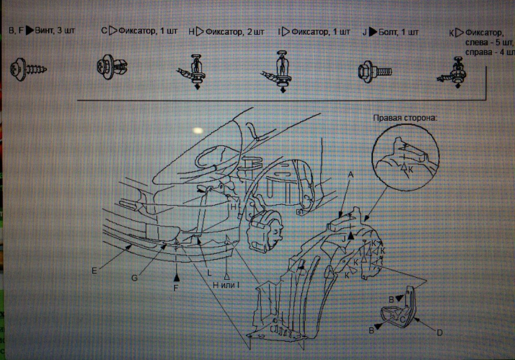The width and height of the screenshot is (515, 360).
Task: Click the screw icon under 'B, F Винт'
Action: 28,69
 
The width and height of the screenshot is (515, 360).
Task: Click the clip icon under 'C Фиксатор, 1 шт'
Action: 112,67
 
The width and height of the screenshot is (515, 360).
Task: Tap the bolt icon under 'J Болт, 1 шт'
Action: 375,71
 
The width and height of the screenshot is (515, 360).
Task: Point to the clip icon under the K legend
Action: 453,72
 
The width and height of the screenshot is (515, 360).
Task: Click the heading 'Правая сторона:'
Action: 405,118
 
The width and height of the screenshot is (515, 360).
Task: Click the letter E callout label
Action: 94,271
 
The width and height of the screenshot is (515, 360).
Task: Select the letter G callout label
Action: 134,278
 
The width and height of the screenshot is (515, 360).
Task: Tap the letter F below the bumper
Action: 176,288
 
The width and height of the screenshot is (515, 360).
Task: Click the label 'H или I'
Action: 226,285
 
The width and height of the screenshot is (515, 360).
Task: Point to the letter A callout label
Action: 351,174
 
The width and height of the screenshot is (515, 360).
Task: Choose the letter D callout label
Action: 440,333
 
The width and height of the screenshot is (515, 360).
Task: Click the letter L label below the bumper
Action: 209,273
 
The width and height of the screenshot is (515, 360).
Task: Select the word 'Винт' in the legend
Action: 45,31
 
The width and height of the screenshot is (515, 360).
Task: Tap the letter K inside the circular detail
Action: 410,170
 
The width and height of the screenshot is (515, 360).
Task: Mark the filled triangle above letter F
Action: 176,277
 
